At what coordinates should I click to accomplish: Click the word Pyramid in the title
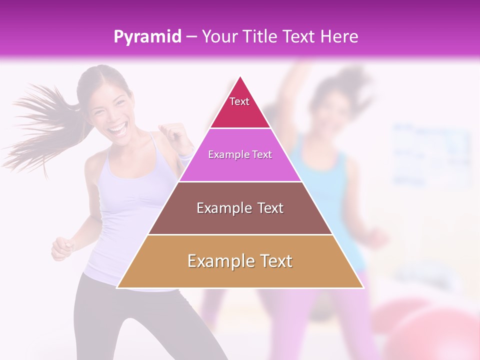[147, 37]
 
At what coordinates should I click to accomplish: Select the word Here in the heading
[339, 36]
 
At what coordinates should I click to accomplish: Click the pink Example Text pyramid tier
[240, 155]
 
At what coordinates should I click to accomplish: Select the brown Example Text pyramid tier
[240, 208]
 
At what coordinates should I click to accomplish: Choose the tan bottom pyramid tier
[240, 261]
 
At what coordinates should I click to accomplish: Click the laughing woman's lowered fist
[61, 247]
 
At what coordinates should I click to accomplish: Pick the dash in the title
[191, 37]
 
